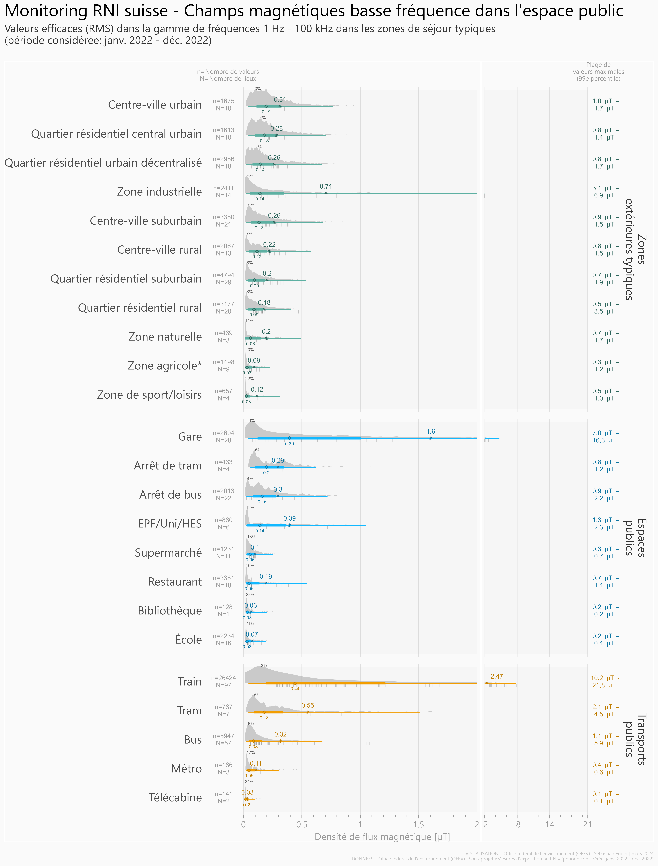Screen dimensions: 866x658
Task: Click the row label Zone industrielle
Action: coord(159,192)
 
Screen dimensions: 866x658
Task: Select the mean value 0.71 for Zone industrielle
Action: coord(325,186)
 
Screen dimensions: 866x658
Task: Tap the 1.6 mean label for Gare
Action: coord(430,431)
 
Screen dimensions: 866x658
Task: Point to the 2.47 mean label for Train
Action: coord(497,676)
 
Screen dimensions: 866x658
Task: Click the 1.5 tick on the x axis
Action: coord(418,825)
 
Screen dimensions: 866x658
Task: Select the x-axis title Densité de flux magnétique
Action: coord(382,837)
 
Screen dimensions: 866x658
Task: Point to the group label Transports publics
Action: coord(635,739)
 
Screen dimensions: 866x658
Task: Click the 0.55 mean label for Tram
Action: coord(307,705)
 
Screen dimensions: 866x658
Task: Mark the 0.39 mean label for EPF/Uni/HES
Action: coord(289,518)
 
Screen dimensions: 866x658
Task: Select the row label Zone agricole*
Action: coord(164,366)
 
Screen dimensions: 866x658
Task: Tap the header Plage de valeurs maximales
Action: coord(598,72)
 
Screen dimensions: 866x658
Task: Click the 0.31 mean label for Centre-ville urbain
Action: coord(280,99)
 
